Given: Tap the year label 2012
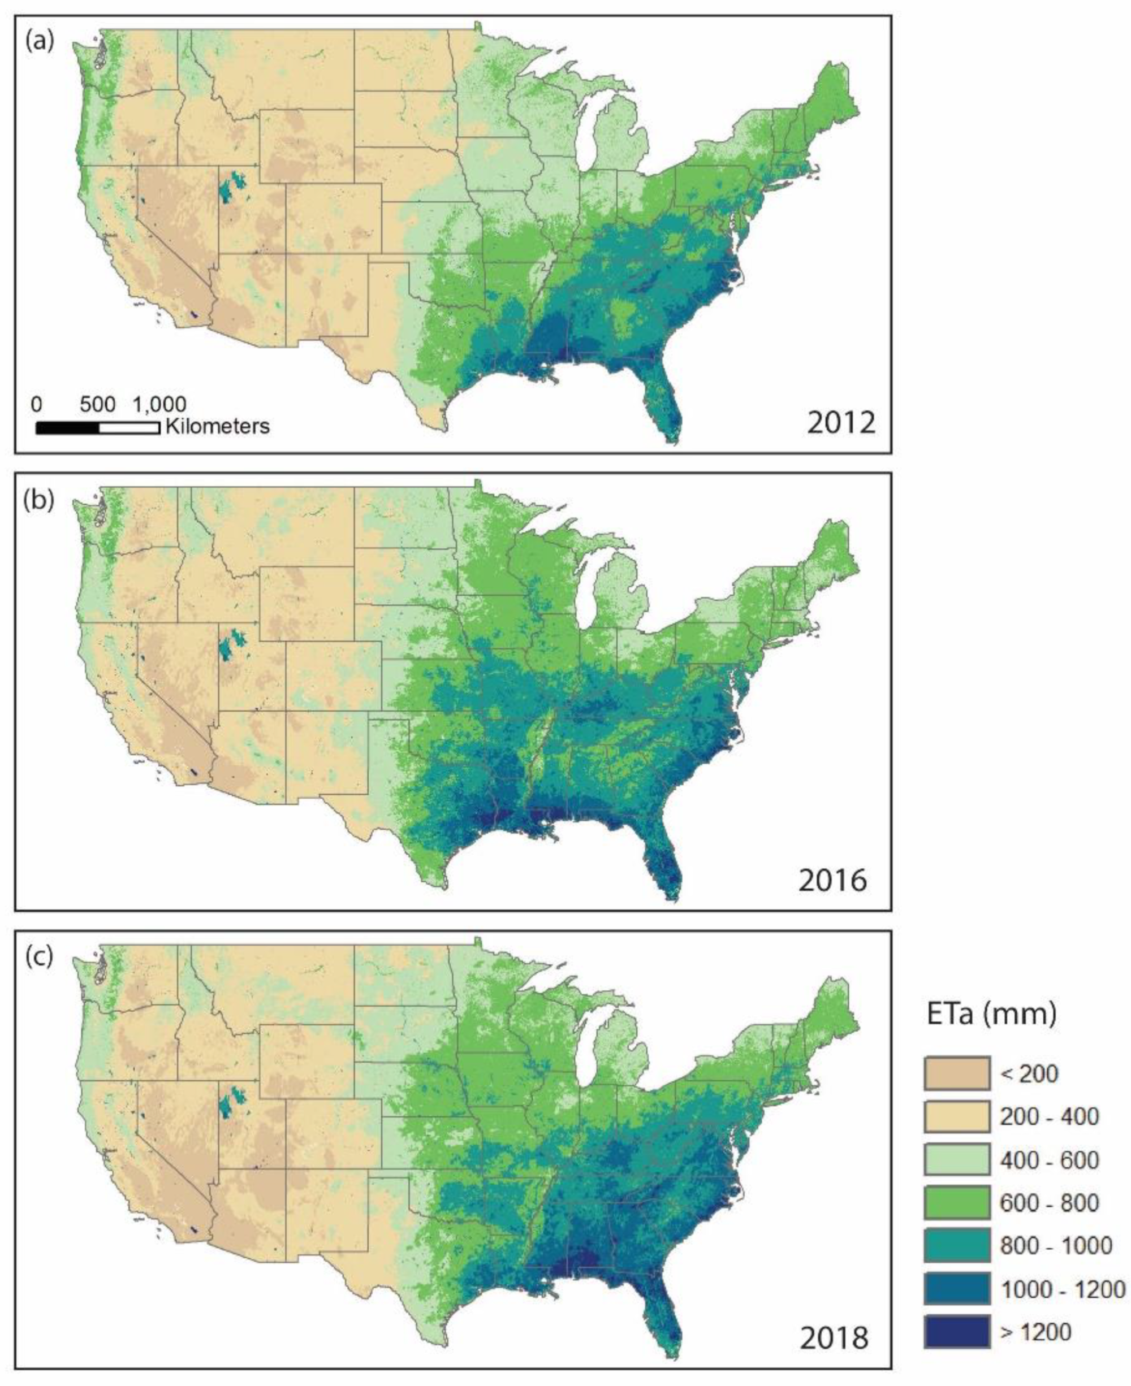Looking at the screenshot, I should point(841,424).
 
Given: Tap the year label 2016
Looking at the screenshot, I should point(832,881).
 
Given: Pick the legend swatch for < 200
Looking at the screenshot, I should point(956,1073).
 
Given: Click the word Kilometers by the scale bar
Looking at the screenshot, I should point(218,427).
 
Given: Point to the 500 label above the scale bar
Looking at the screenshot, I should point(98,405).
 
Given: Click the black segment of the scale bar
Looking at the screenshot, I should point(67,428).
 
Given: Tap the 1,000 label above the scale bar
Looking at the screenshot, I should point(159,405).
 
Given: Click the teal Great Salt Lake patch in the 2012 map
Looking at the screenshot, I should point(228,189).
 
